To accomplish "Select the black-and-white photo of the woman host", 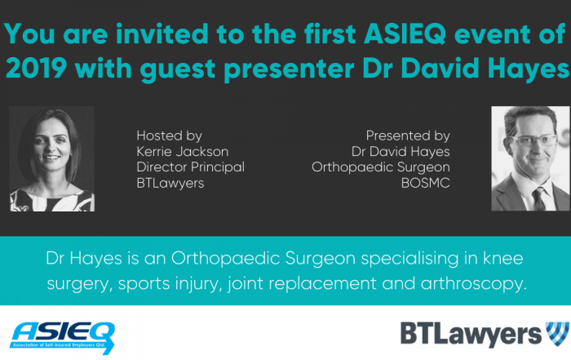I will click(x=51, y=158).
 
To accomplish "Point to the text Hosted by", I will click(x=170, y=136).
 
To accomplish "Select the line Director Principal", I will click(x=191, y=167).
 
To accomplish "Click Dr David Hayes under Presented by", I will click(x=399, y=151).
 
